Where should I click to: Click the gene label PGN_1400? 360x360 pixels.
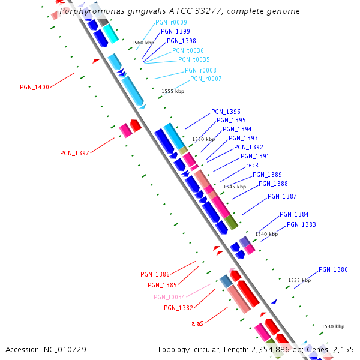pyautogui.click(x=34, y=87)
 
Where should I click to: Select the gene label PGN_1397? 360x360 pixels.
pyautogui.click(x=74, y=153)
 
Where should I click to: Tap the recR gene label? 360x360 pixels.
pyautogui.click(x=252, y=165)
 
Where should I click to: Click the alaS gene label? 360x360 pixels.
pyautogui.click(x=197, y=323)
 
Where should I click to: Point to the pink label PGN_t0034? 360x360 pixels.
pyautogui.click(x=169, y=297)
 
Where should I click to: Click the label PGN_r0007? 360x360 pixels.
pyautogui.click(x=206, y=79)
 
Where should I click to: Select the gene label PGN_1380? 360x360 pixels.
pyautogui.click(x=333, y=269)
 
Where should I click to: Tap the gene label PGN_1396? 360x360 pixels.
pyautogui.click(x=226, y=112)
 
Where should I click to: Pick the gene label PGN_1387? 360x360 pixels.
pyautogui.click(x=282, y=196)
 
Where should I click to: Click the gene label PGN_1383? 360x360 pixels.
pyautogui.click(x=301, y=224)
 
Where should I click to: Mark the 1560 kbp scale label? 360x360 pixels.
pyautogui.click(x=142, y=43)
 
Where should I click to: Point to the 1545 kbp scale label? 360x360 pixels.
pyautogui.click(x=235, y=187)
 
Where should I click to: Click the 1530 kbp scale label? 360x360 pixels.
pyautogui.click(x=333, y=326)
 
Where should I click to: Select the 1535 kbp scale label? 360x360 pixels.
pyautogui.click(x=299, y=280)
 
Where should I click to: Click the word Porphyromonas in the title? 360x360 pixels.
pyautogui.click(x=89, y=11)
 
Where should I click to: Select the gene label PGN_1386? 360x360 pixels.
pyautogui.click(x=155, y=274)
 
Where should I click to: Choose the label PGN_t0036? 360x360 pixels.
pyautogui.click(x=188, y=50)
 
